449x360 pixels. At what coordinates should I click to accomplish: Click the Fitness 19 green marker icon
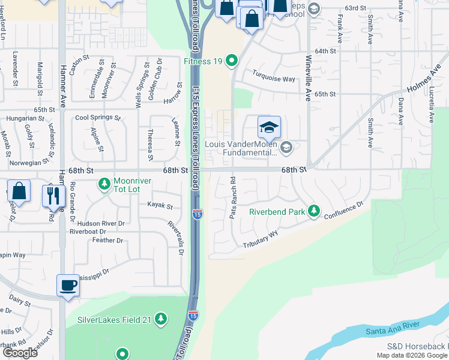coord(234,62)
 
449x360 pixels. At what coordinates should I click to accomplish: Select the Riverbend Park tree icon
coord(313,211)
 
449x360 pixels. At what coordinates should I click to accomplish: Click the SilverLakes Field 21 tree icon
coord(160,319)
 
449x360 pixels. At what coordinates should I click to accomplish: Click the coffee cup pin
coord(68,284)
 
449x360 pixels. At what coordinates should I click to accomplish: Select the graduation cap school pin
coord(270,127)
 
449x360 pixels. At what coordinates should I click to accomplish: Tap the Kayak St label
coord(160,206)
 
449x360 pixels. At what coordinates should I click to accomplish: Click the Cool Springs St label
coord(98,118)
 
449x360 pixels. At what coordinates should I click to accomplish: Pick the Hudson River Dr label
coord(97,223)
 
